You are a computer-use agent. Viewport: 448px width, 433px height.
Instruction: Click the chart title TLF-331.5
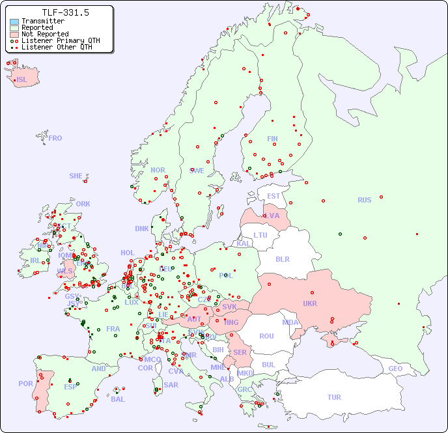pyautogui.click(x=65, y=12)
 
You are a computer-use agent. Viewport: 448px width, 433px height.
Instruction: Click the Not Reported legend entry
pyautogui.click(x=45, y=34)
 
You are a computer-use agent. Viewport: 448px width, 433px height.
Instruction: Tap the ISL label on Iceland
pyautogui.click(x=22, y=80)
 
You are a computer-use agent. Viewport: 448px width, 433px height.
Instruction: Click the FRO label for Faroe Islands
pyautogui.click(x=55, y=138)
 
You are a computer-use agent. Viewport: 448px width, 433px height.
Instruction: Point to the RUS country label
pyautogui.click(x=364, y=200)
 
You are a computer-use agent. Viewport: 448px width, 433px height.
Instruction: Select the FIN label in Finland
pyautogui.click(x=272, y=139)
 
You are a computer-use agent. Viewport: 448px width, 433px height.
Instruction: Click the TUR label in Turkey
pyautogui.click(x=334, y=397)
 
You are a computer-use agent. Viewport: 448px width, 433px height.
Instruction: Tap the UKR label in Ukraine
pyautogui.click(x=310, y=303)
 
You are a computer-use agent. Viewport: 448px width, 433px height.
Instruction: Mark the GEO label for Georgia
pyautogui.click(x=395, y=369)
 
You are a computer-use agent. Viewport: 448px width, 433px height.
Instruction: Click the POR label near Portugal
pyautogui.click(x=25, y=384)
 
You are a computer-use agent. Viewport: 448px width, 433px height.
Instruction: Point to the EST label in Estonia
pyautogui.click(x=273, y=196)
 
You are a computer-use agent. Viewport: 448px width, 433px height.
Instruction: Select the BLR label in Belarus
pyautogui.click(x=283, y=258)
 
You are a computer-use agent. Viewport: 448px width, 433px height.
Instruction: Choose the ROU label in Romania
pyautogui.click(x=266, y=336)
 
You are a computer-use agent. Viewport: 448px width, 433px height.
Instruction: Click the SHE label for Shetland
pyautogui.click(x=76, y=176)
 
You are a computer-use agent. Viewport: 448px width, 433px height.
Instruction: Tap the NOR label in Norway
pyautogui.click(x=158, y=170)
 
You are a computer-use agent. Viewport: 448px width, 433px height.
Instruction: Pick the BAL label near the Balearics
pyautogui.click(x=118, y=399)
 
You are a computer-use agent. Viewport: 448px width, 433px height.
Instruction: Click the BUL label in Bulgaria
pyautogui.click(x=269, y=365)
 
